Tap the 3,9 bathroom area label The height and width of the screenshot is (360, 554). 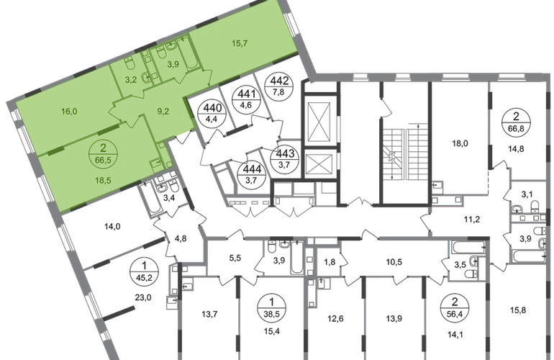[173, 64]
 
